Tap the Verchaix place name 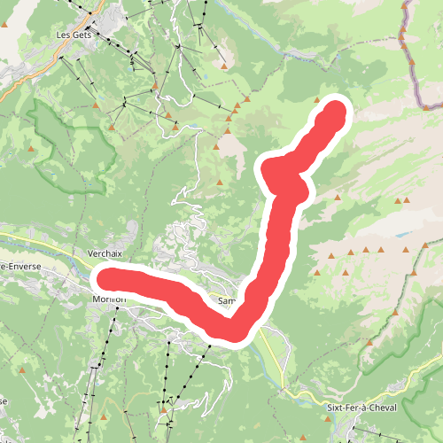tap(105, 253)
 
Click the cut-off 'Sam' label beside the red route tap(225, 301)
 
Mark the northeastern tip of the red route tap(336, 112)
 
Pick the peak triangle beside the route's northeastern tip tap(317, 100)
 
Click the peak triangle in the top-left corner tap(4, 25)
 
